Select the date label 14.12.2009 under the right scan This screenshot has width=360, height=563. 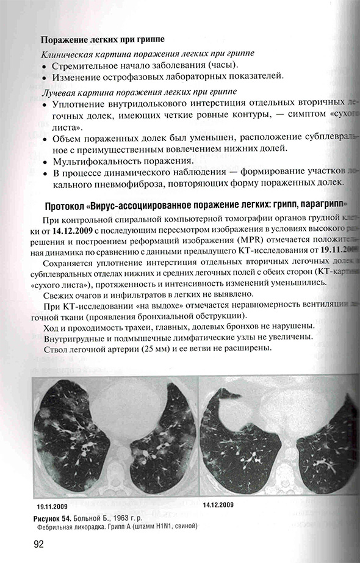coord(220,506)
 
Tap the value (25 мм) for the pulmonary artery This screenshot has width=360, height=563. coord(148,349)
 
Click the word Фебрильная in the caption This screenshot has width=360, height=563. coord(52,526)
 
